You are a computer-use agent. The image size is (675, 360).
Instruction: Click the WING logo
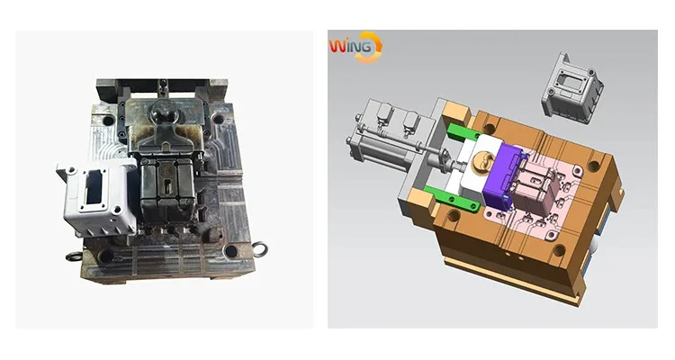[x=355, y=47]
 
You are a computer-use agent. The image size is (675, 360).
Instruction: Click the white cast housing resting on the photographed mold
[x=98, y=197]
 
